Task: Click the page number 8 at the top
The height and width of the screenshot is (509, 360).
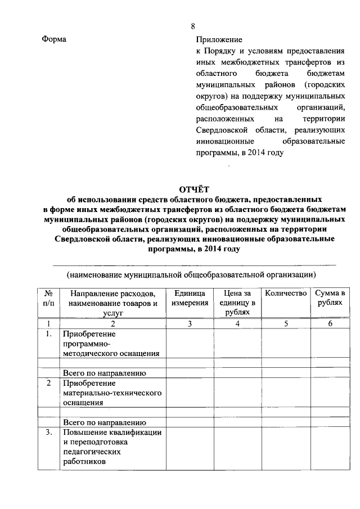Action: click(193, 26)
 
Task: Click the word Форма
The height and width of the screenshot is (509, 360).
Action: click(54, 39)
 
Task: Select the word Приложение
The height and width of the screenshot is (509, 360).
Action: click(219, 40)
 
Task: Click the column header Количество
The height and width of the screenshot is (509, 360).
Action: click(285, 293)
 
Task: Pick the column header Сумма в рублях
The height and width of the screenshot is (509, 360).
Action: click(330, 298)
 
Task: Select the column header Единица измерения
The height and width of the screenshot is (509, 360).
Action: click(189, 298)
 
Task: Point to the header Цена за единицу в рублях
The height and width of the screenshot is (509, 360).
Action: click(238, 302)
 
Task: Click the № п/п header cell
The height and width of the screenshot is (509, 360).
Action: click(49, 298)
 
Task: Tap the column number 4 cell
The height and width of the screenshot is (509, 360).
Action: click(238, 323)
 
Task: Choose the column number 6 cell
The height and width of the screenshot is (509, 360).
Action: click(330, 323)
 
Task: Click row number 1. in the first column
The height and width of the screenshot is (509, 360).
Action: click(49, 334)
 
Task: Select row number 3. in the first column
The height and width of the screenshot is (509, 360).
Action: click(49, 432)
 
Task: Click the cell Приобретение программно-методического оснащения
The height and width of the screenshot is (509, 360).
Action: click(111, 343)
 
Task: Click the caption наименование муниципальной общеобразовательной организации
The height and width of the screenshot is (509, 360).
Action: click(191, 274)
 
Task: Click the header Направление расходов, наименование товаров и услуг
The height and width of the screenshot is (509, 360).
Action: click(112, 302)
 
